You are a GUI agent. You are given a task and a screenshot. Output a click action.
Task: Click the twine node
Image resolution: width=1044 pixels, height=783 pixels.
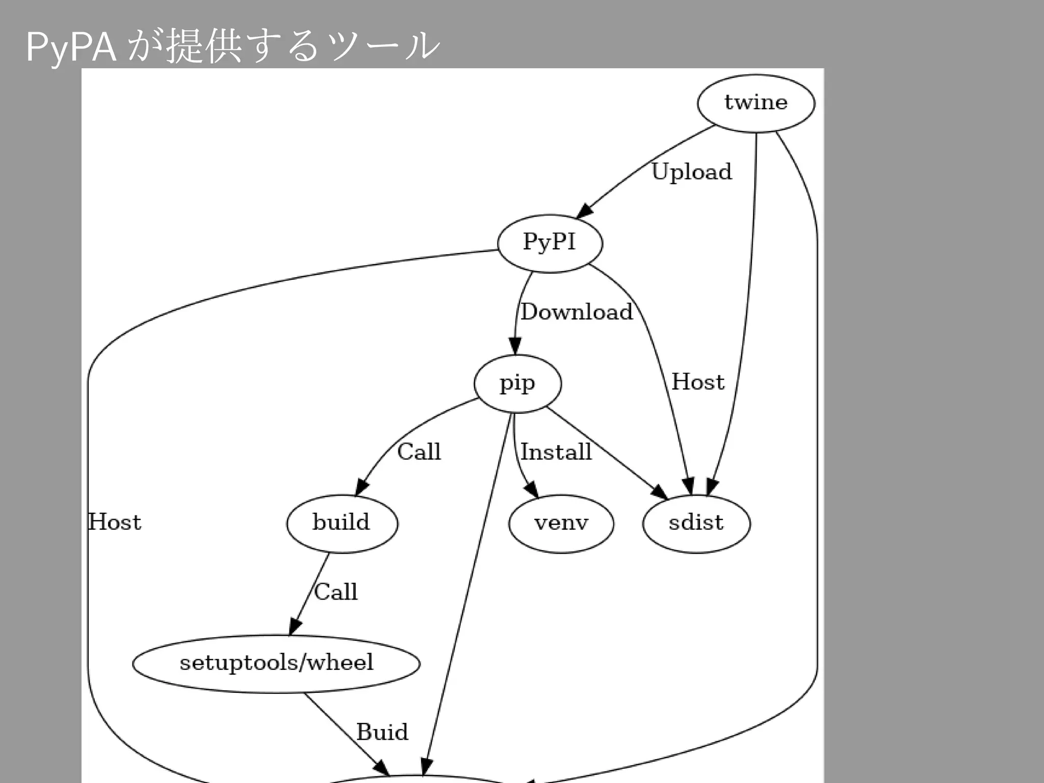point(756,103)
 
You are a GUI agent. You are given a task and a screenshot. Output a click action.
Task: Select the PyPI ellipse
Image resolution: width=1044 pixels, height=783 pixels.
point(550,243)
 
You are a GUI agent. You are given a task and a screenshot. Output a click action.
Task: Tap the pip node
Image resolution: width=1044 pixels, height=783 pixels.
point(517,383)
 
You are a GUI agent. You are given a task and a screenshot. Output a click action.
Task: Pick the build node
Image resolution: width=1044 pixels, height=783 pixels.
point(342,524)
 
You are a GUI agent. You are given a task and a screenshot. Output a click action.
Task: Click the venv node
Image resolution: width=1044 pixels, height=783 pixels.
point(561,524)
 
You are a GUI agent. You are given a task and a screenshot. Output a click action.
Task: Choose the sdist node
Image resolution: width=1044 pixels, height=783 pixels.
point(696,524)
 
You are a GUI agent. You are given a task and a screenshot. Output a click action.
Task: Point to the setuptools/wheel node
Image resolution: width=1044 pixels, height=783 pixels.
point(276,663)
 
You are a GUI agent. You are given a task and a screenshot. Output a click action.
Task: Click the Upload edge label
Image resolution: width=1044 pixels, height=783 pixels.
point(692,172)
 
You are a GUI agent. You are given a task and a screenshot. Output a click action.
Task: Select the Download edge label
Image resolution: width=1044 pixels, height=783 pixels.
point(577,312)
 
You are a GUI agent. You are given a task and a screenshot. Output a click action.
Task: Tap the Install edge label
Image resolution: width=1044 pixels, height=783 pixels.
point(556,452)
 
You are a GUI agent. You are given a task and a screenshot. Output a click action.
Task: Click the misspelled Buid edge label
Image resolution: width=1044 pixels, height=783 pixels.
point(382,733)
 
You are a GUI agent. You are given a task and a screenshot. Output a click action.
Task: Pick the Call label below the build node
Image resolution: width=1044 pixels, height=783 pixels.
point(336,592)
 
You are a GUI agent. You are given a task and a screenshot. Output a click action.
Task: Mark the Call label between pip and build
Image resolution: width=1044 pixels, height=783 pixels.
point(419,452)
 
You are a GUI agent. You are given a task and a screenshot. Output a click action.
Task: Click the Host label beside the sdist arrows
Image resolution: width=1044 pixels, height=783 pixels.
point(698,382)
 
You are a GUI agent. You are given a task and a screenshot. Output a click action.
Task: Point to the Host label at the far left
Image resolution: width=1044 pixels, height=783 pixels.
point(115,523)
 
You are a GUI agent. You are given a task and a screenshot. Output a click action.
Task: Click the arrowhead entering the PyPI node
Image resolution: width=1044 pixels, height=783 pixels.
point(585,211)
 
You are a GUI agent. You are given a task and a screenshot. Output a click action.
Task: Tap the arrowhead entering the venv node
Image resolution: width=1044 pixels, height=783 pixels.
point(532,490)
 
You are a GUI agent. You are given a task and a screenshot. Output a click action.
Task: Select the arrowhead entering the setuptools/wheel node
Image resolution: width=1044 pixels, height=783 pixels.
point(295,627)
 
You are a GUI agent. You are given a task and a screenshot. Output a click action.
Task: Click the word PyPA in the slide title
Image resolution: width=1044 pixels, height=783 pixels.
point(71,47)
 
